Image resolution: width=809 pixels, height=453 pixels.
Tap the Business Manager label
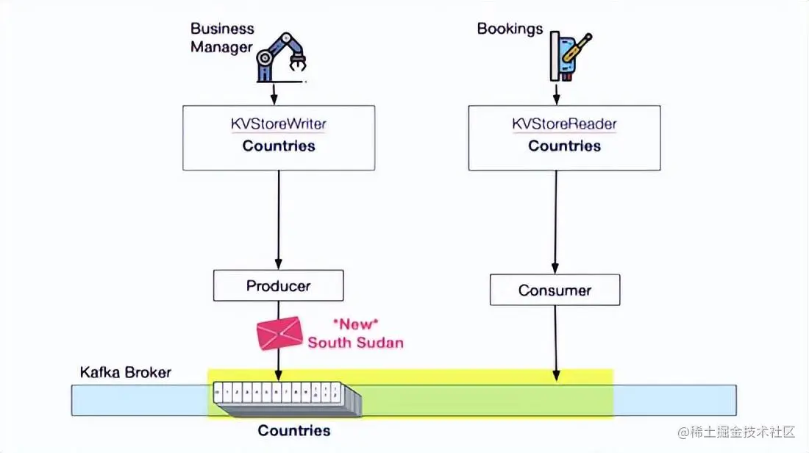tap(222, 38)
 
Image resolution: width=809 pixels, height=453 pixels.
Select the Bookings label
tap(510, 29)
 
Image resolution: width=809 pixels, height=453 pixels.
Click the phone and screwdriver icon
tap(567, 56)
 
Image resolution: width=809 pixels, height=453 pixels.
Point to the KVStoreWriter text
tap(279, 124)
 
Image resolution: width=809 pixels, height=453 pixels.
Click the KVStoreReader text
tap(564, 124)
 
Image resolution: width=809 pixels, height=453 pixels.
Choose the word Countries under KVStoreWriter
tap(279, 146)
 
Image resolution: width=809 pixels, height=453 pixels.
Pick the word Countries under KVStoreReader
tap(564, 146)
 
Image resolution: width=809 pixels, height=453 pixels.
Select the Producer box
tap(278, 285)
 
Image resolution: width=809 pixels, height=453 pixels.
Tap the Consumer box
tap(555, 290)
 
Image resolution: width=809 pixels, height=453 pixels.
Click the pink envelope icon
tap(279, 332)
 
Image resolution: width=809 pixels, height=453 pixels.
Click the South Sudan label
tap(355, 343)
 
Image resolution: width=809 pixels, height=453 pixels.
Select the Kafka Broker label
tap(125, 372)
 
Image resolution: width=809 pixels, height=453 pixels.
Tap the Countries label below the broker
tap(293, 430)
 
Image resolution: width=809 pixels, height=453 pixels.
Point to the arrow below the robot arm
tap(274, 93)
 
